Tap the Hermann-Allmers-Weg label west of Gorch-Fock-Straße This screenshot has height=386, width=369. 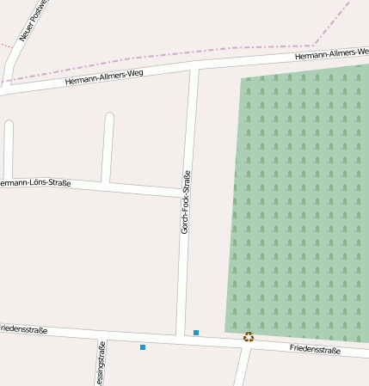103,78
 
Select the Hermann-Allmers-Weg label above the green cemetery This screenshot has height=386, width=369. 331,54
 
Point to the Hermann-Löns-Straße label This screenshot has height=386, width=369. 34,183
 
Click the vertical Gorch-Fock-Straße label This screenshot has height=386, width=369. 185,202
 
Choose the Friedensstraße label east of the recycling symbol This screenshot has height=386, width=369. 315,349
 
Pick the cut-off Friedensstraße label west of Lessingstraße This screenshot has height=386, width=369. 23,329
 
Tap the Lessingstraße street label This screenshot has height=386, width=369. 101,365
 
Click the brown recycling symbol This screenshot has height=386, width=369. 249,337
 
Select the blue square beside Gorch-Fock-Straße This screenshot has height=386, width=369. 196,333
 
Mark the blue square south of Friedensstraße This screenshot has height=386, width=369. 143,347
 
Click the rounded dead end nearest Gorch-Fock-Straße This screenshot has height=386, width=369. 109,117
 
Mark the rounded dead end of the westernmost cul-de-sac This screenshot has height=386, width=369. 9,125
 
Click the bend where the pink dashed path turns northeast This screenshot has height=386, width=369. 315,46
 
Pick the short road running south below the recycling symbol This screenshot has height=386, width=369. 242,368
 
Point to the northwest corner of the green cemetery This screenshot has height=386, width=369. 241,79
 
